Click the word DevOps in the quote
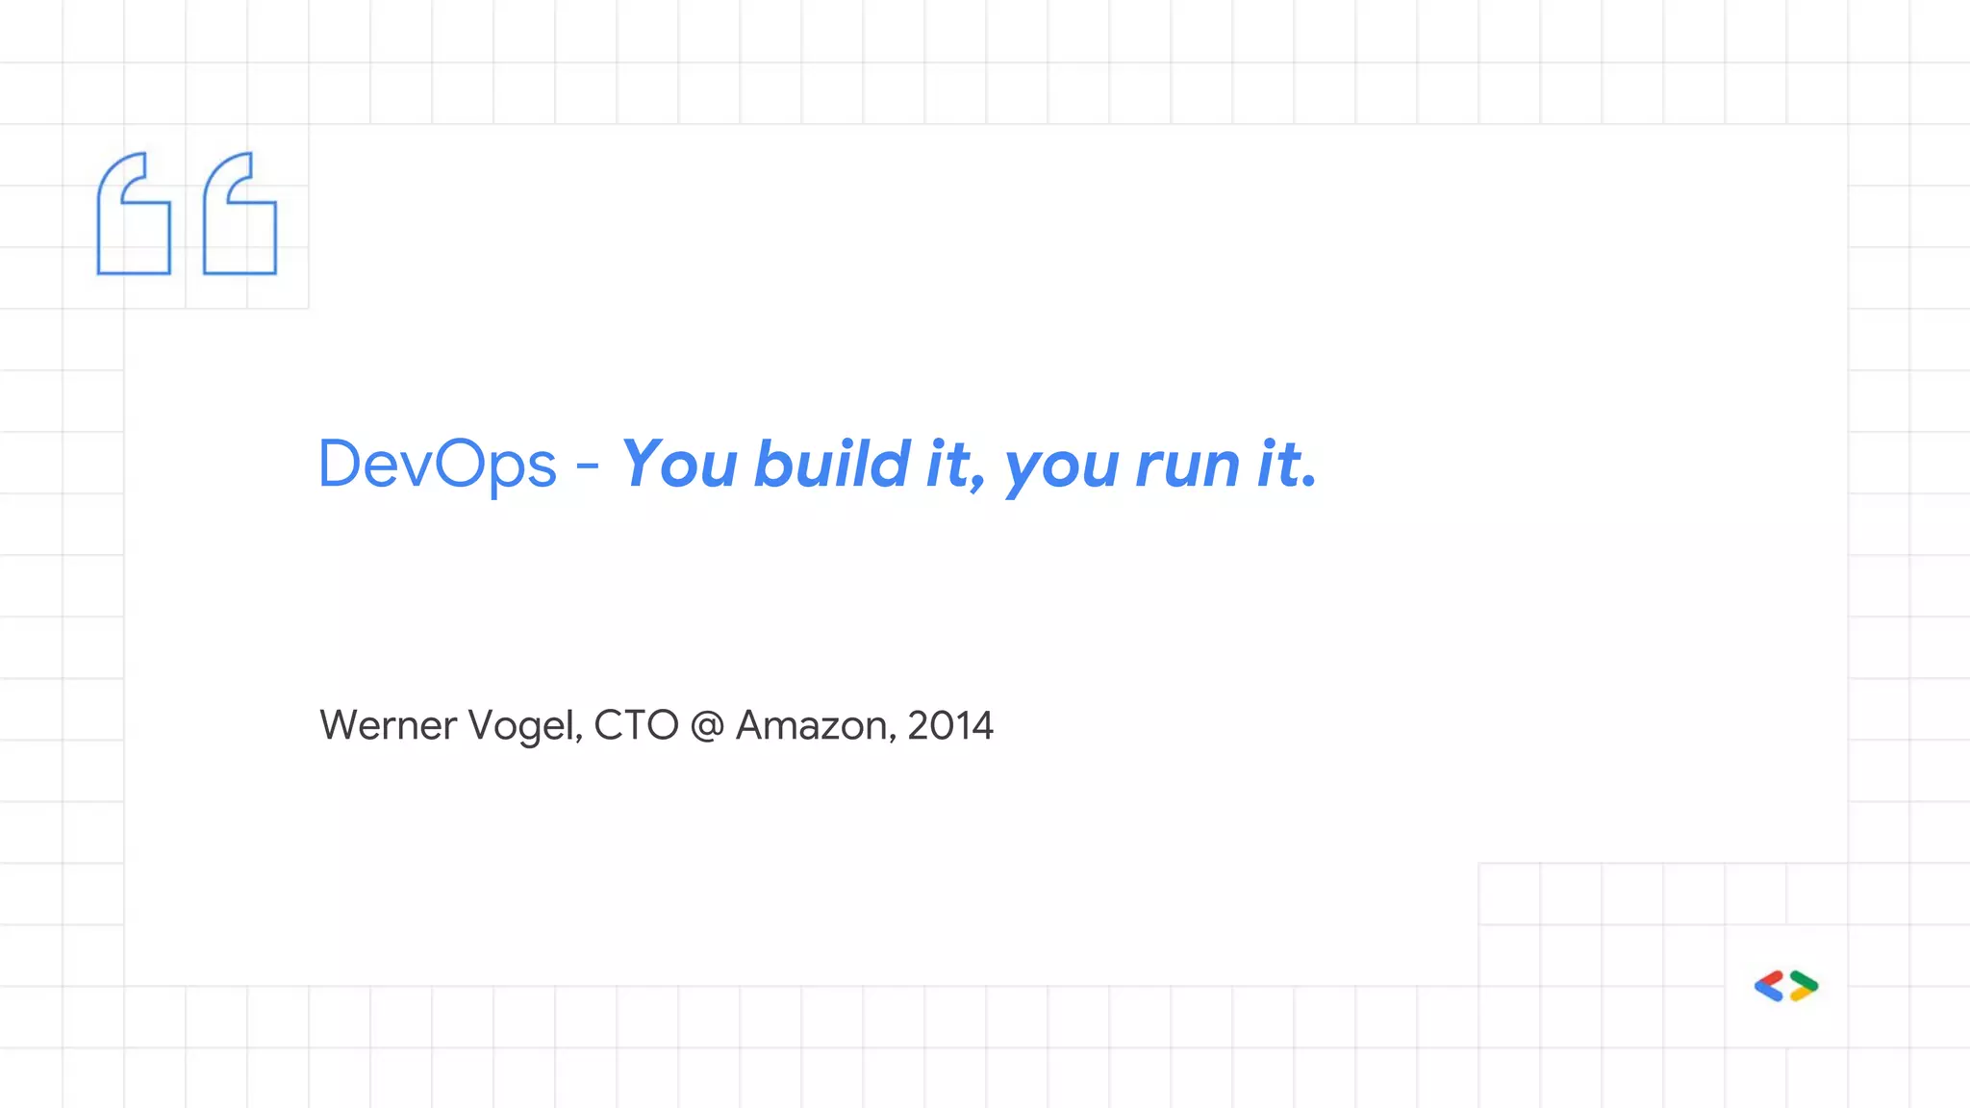point(437,466)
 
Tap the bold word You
point(679,466)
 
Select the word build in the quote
point(832,464)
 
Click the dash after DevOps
point(588,467)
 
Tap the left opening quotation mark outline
point(134,214)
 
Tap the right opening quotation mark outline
point(240,214)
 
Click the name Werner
point(388,726)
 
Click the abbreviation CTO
point(636,726)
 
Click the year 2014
point(950,726)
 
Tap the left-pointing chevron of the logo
point(1769,987)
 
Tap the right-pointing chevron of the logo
point(1805,987)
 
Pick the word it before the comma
point(948,464)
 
